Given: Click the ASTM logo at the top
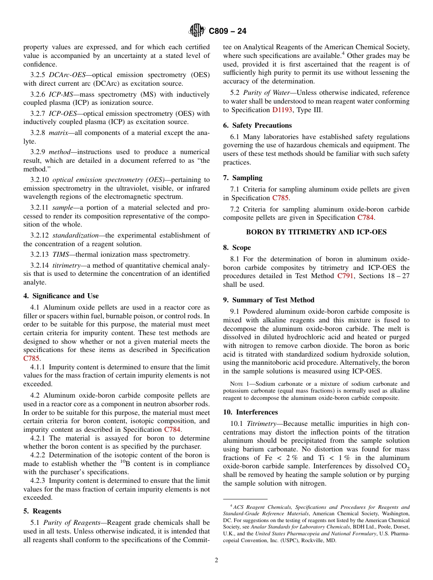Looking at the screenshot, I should [197, 31].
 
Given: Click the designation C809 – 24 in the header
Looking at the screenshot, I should [227, 31].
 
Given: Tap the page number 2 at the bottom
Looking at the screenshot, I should [216, 560].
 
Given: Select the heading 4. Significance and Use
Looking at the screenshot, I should [61, 296].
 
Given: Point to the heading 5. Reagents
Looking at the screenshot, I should [42, 511].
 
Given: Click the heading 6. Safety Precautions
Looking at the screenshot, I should [257, 125].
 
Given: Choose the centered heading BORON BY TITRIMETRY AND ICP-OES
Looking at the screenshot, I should [316, 232].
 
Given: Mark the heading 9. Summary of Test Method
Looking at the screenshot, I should [268, 300].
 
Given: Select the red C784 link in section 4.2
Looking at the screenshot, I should [172, 430].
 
